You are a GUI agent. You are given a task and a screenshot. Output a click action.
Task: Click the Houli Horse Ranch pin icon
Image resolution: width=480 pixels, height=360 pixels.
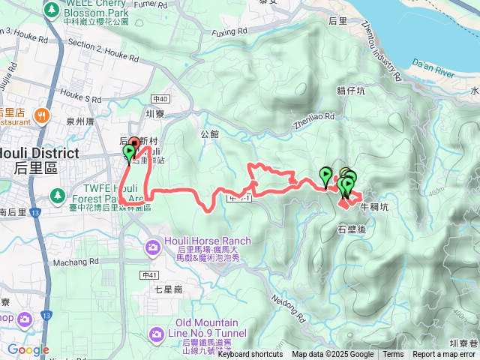point(153,246)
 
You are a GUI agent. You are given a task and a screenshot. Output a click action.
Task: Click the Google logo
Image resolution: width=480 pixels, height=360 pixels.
point(28,349)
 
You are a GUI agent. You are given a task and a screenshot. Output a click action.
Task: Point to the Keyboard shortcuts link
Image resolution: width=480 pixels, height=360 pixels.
point(250,355)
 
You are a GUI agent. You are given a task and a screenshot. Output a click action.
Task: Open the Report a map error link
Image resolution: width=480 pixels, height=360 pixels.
point(445,355)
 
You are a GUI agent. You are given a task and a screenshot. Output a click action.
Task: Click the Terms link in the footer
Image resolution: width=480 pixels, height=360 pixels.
point(393,355)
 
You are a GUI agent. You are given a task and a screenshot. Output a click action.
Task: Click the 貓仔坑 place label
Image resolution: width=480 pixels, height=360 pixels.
point(350,91)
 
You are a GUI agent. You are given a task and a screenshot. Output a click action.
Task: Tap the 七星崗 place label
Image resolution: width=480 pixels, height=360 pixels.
point(169,288)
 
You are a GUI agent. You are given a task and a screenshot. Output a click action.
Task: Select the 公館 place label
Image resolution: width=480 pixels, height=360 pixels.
point(210,134)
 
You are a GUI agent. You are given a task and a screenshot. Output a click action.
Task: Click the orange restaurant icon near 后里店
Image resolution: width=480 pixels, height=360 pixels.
point(40,116)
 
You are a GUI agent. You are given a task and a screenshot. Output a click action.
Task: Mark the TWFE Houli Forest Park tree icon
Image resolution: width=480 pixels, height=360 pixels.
point(57,196)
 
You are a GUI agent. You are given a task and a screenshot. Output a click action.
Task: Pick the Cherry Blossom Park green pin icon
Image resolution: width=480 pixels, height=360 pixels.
point(51,10)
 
